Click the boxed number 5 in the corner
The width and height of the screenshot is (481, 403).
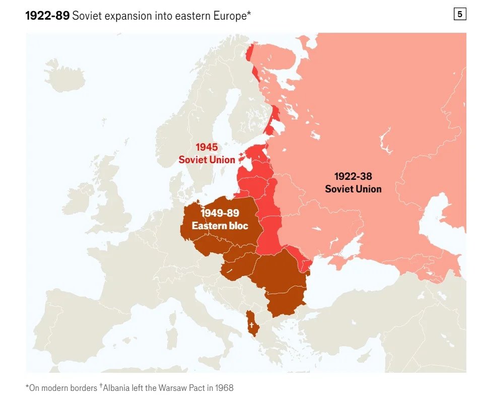[459, 15]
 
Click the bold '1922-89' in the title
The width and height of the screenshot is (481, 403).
[47, 16]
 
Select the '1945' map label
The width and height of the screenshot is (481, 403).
[207, 147]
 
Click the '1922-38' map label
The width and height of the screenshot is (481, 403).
[353, 177]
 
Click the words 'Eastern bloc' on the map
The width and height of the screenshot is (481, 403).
[220, 226]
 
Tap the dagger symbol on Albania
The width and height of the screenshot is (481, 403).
[251, 325]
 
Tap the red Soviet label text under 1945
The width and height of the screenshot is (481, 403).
[207, 160]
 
